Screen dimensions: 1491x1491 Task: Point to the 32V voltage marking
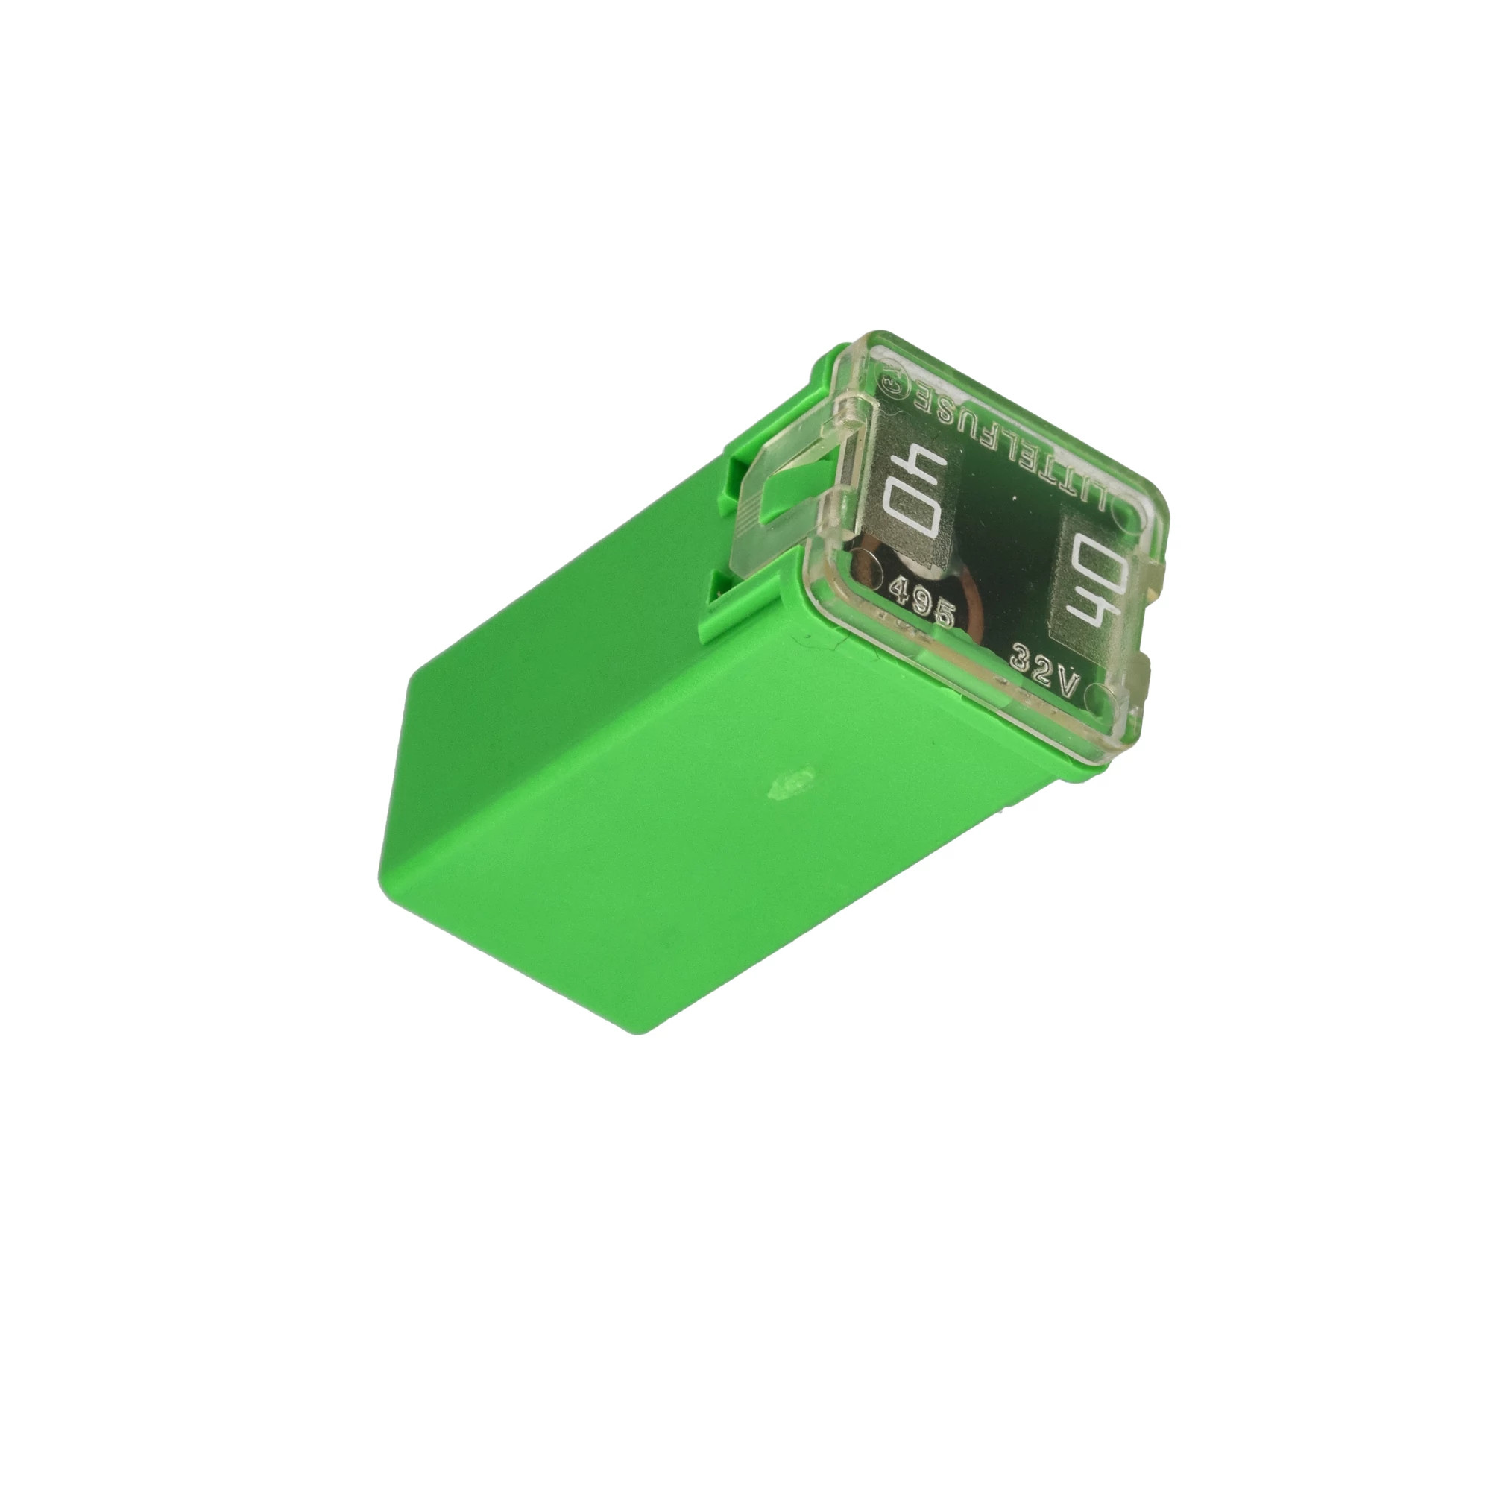pyautogui.click(x=1044, y=670)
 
